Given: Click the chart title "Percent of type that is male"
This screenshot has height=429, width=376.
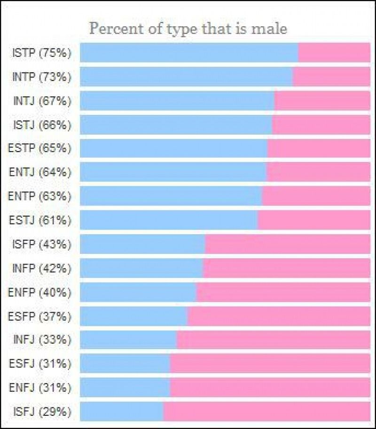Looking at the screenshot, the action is pyautogui.click(x=188, y=29).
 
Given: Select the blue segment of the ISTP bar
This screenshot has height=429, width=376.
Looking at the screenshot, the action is pyautogui.click(x=189, y=53).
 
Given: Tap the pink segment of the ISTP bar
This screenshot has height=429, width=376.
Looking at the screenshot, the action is pyautogui.click(x=334, y=53).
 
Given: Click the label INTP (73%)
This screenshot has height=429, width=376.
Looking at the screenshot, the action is pyautogui.click(x=42, y=77).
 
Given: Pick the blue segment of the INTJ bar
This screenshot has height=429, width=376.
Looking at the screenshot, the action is pyautogui.click(x=177, y=101).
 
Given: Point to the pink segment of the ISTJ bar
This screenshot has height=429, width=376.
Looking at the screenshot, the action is pyautogui.click(x=321, y=125).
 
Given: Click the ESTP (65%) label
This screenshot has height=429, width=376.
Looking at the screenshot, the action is pyautogui.click(x=40, y=149).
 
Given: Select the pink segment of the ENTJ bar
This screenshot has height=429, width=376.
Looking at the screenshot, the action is pyautogui.click(x=319, y=172).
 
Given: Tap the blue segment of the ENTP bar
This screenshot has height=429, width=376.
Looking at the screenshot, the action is pyautogui.click(x=171, y=196).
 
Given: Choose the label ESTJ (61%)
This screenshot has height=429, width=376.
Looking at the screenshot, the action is pyautogui.click(x=40, y=220).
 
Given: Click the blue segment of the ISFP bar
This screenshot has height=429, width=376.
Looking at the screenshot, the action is pyautogui.click(x=142, y=244).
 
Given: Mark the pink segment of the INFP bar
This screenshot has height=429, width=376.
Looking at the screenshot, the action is pyautogui.click(x=287, y=268).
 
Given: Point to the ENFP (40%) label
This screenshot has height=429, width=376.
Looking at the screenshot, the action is pyautogui.click(x=40, y=292).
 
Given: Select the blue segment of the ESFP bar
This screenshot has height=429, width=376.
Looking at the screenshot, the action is pyautogui.click(x=134, y=316).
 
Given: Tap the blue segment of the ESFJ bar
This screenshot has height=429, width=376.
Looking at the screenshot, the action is pyautogui.click(x=125, y=363).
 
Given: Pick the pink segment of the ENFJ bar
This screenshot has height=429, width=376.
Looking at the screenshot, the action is pyautogui.click(x=271, y=387).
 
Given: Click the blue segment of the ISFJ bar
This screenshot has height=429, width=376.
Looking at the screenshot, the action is pyautogui.click(x=122, y=412).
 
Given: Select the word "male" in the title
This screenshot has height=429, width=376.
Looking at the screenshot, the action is pyautogui.click(x=269, y=29).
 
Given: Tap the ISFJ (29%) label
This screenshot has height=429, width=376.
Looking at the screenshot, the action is pyautogui.click(x=42, y=412).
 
